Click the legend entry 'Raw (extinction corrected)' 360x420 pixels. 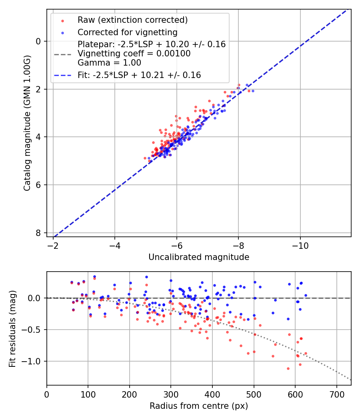132,20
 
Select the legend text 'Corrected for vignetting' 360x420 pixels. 128,32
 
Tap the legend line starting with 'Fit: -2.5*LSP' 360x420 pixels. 139,75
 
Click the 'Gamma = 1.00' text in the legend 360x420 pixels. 109,62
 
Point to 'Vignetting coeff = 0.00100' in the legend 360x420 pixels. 134,54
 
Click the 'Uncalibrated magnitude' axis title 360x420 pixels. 199,257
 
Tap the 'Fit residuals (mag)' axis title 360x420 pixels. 12,328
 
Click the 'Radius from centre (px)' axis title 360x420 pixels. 199,406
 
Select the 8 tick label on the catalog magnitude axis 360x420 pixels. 38,233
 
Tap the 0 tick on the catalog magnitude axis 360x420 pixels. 38,41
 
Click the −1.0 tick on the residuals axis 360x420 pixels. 33,361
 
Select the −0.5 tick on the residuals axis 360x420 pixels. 33,330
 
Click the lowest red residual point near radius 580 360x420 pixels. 288,368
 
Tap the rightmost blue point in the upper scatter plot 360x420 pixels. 253,91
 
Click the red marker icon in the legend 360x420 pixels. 62,20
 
